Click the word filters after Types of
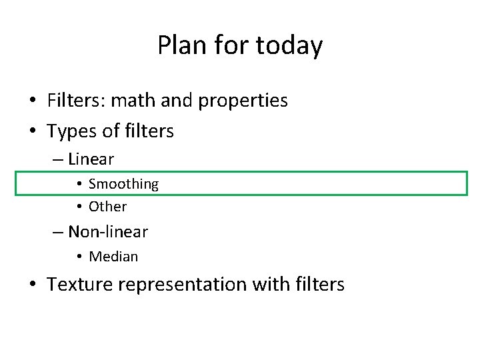point(148,131)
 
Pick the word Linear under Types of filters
point(91,159)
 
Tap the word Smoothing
point(123,184)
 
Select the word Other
point(107,207)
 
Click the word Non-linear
point(108,232)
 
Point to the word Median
point(113,257)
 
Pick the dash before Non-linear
point(59,233)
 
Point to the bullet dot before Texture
point(33,285)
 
